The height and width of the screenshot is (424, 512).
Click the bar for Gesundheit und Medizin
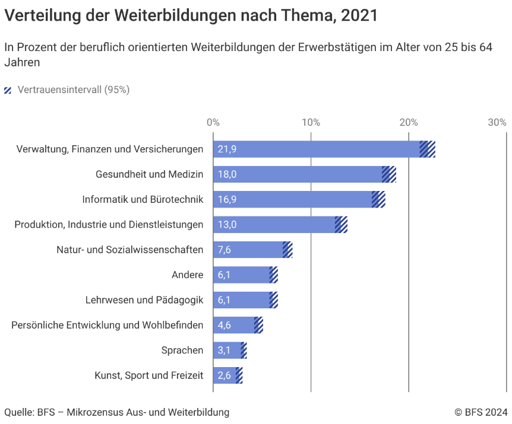(297, 174)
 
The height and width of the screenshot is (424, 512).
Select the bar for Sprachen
(227, 350)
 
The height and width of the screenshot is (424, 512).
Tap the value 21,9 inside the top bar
(227, 149)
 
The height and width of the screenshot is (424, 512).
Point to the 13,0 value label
(227, 225)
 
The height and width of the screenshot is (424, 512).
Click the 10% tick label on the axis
(311, 123)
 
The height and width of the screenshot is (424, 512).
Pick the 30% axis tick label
(497, 123)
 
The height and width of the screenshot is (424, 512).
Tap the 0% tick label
(213, 123)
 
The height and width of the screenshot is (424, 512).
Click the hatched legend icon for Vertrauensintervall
(8, 91)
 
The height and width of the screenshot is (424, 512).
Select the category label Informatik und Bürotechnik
(143, 199)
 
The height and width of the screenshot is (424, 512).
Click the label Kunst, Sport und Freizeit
(148, 375)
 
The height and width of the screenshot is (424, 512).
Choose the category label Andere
(187, 275)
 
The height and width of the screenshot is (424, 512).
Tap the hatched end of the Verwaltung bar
(428, 149)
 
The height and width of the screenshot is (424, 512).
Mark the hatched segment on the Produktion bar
(341, 225)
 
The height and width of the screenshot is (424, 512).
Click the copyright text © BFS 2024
(481, 412)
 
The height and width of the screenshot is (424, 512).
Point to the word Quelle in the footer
(18, 412)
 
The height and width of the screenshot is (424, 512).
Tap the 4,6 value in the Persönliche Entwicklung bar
(225, 325)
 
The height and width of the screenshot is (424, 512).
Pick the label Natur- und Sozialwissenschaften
(129, 250)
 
